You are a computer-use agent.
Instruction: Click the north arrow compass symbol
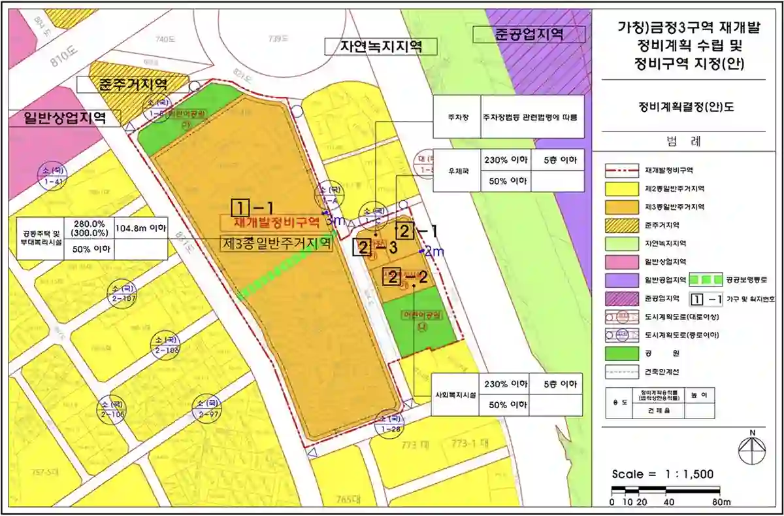[752, 450]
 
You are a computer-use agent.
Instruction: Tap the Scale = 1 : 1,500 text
[662, 474]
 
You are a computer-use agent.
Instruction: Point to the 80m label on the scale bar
[721, 502]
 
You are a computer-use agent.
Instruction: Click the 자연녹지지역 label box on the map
[380, 46]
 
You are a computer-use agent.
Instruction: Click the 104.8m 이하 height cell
[142, 229]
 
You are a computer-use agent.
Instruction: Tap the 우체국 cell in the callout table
[457, 171]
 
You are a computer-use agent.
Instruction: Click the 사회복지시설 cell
[456, 395]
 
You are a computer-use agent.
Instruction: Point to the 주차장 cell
[457, 118]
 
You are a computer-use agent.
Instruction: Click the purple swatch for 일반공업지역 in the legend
[621, 280]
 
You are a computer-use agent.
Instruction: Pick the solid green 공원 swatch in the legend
[621, 353]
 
